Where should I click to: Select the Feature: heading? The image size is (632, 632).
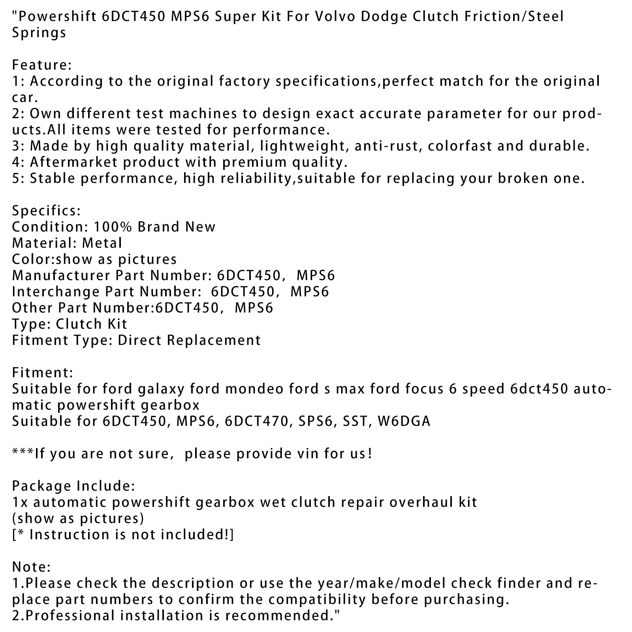point(41,65)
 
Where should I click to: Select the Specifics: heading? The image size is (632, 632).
point(46,211)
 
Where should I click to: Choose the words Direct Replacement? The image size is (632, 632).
point(189,340)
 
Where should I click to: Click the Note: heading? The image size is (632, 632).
point(31,567)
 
